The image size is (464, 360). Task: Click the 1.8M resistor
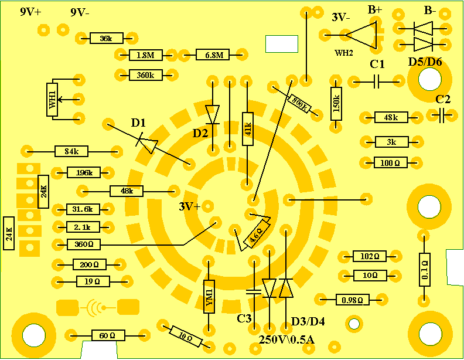[145, 56]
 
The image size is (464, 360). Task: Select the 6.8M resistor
[213, 56]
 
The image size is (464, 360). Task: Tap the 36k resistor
[106, 39]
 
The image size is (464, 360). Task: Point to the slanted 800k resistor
[299, 103]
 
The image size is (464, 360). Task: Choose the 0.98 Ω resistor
[352, 300]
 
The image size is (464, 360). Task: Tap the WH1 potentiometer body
[53, 99]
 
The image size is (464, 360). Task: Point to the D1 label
[138, 123]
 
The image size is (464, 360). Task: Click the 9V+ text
[30, 12]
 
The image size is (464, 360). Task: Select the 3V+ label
[190, 206]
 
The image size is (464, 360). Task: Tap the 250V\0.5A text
[287, 339]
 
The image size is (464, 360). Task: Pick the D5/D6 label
[425, 62]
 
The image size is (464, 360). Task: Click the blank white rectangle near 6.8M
[282, 44]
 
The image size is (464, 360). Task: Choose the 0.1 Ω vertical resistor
[425, 269]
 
